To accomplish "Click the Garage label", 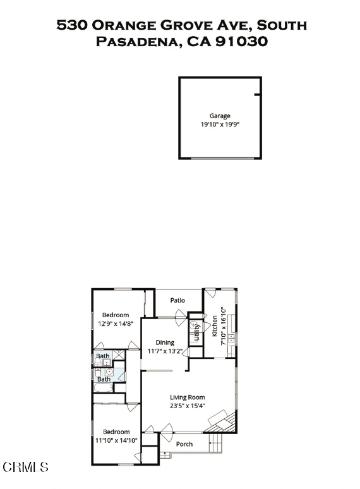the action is tap(220, 116).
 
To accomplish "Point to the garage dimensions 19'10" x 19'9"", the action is tap(220, 124).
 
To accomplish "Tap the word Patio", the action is tap(177, 300).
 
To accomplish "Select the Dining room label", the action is tap(165, 342).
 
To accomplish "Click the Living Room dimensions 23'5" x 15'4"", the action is tap(187, 406).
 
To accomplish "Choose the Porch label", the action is tap(184, 444).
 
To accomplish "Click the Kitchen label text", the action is tap(215, 326).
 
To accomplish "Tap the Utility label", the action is tap(196, 332).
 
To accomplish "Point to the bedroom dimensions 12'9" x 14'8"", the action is tap(116, 323).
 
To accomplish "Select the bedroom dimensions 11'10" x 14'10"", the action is tap(116, 440).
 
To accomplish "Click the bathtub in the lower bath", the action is tap(104, 388).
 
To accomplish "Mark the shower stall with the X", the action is tap(119, 354).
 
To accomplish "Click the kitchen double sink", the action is tap(231, 339).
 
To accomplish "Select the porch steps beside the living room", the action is tap(215, 443).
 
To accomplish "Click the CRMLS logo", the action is tap(25, 467).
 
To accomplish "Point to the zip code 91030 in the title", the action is tap(241, 42).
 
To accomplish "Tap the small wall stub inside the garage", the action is tap(258, 95).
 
